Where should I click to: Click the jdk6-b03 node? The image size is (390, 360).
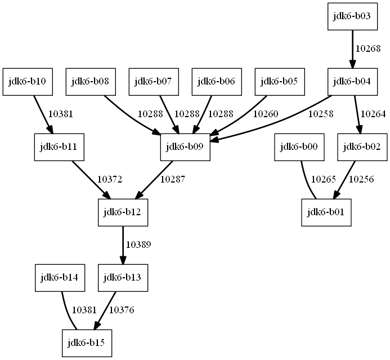(352, 16)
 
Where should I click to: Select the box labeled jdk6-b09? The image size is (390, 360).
(185, 147)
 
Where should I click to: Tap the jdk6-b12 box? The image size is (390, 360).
(122, 212)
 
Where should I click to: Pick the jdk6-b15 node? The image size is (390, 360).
(87, 343)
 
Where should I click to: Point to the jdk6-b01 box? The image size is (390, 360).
(326, 212)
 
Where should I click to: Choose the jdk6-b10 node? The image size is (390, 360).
(27, 82)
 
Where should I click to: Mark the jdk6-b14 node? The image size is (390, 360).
(59, 277)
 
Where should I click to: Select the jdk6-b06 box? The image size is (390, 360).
(216, 82)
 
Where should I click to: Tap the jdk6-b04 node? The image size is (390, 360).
(352, 82)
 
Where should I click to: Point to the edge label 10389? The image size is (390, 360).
(138, 245)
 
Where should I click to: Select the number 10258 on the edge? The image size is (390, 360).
(321, 114)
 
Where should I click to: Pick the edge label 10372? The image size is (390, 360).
(110, 180)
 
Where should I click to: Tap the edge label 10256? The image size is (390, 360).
(361, 180)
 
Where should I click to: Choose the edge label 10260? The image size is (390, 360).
(265, 114)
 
